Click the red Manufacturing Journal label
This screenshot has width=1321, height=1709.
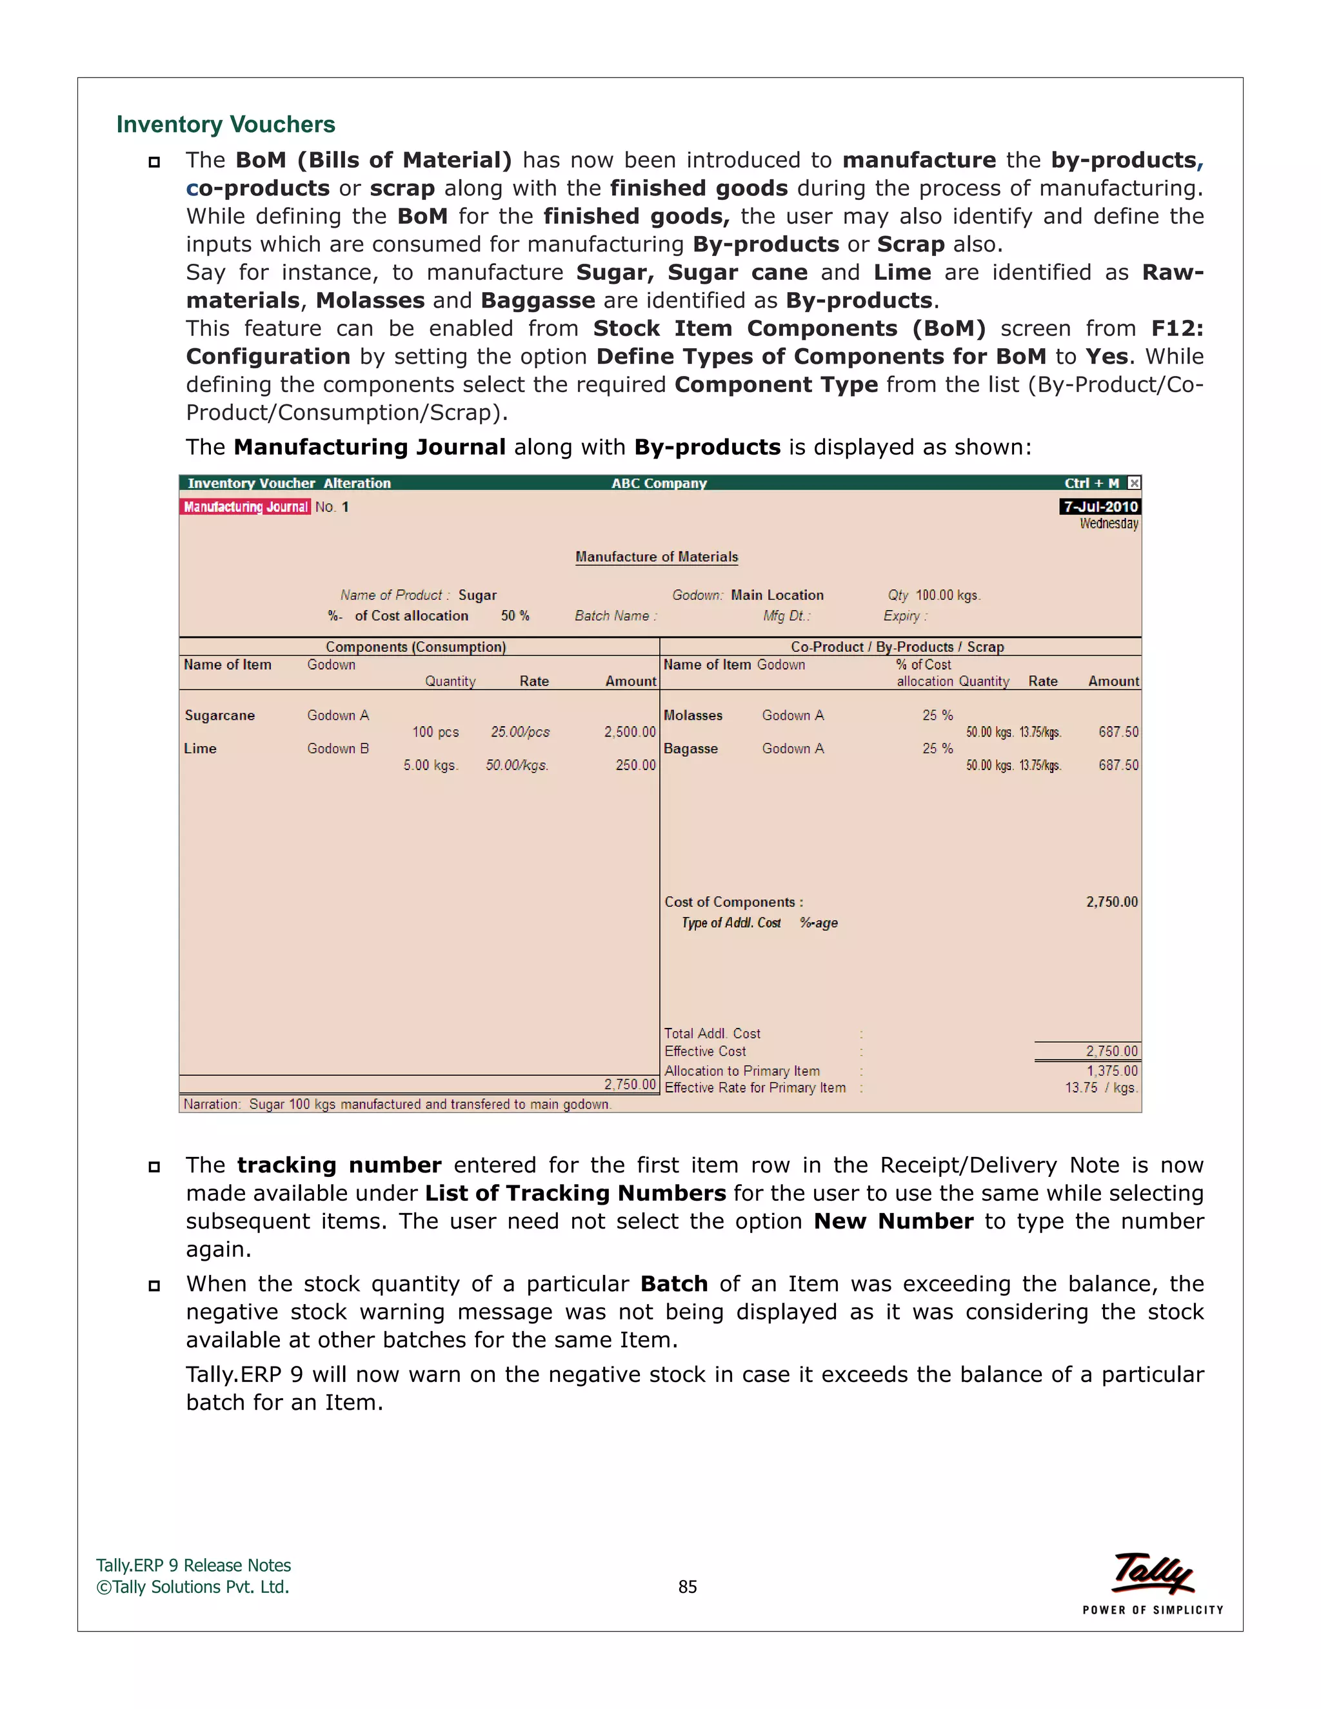[246, 507]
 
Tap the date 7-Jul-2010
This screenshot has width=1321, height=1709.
[1100, 507]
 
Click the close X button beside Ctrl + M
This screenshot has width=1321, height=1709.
[1134, 483]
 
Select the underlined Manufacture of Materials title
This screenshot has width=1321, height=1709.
[657, 557]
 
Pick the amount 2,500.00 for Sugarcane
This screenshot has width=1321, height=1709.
[629, 732]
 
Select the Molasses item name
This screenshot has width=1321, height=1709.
[693, 715]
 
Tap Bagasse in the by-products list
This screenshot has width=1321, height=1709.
[690, 748]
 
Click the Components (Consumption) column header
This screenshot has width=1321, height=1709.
[415, 647]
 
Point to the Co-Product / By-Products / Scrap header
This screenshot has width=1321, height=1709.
[897, 647]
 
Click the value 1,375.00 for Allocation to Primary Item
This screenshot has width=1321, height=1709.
[1111, 1071]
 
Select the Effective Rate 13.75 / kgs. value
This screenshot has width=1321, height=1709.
[1100, 1088]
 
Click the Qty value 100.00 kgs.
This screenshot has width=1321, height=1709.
[947, 595]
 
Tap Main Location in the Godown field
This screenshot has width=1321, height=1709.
[777, 595]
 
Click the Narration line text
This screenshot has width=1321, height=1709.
[397, 1104]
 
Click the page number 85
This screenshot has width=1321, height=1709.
[687, 1587]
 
